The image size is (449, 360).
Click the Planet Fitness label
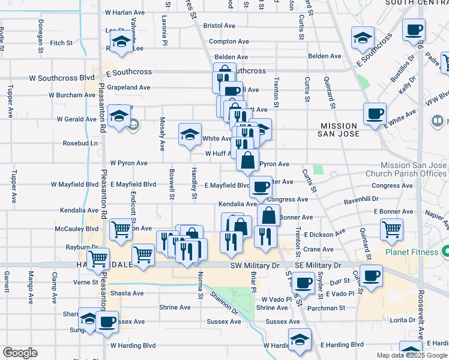411,252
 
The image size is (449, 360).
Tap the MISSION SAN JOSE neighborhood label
339,131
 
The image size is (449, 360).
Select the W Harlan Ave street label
125,12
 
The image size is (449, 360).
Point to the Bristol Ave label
219,26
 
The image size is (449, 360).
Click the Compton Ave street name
229,41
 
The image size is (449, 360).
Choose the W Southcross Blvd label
62,78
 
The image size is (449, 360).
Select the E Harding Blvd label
342,345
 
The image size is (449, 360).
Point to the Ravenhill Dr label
362,199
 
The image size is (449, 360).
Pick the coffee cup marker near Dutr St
372,275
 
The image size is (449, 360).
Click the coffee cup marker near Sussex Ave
107,322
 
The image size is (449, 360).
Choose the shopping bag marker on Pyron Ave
248,160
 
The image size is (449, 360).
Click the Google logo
20,353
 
